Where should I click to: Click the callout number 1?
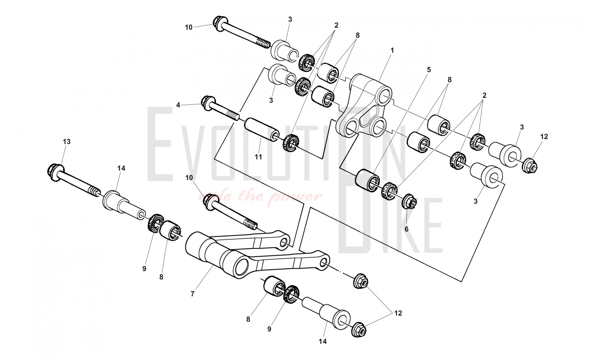392,50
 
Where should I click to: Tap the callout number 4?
178,105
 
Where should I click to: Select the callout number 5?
429,70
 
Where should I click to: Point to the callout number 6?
406,229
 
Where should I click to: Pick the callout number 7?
193,294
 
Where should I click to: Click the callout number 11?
258,157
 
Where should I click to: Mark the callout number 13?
67,142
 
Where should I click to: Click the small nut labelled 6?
409,202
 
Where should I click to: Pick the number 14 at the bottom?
323,341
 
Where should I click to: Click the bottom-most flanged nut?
359,330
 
